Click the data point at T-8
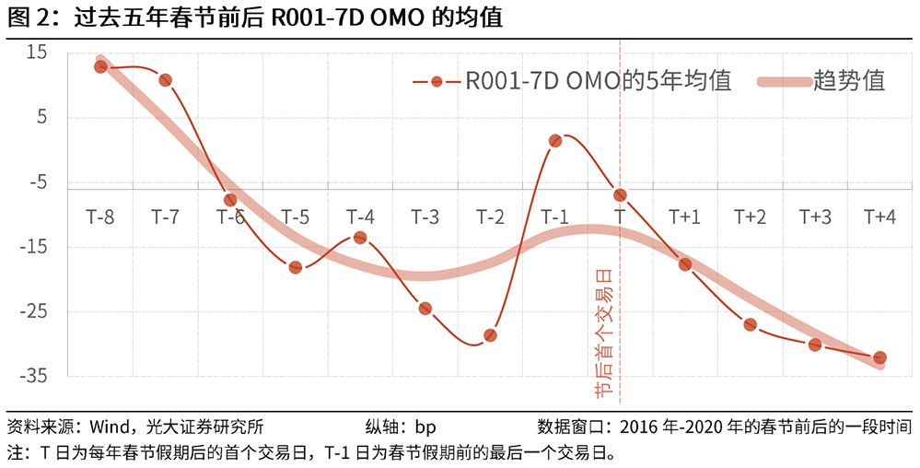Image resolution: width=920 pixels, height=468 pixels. point(100,66)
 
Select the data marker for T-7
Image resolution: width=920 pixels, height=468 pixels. point(165,80)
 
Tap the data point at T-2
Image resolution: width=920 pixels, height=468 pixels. point(490,335)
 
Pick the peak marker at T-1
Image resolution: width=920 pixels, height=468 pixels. point(555,141)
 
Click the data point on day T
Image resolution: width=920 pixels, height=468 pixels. point(620,194)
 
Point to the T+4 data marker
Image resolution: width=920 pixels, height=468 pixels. point(879,357)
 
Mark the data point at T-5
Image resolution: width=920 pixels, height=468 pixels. point(295,267)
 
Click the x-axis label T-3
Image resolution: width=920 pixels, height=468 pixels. point(425,217)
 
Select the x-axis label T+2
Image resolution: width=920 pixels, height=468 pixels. point(750,217)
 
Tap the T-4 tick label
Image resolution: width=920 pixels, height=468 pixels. point(360,217)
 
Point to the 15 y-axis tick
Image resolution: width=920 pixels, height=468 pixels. point(36,53)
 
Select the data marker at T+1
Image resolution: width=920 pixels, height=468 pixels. point(685,264)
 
